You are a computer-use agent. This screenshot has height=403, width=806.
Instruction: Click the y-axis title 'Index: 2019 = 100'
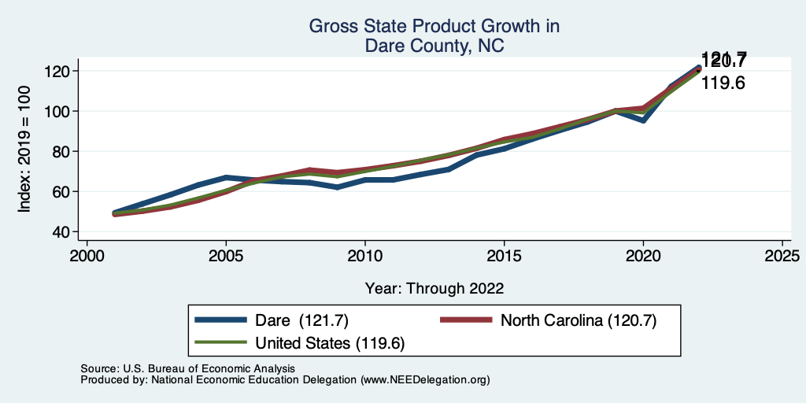pos(24,150)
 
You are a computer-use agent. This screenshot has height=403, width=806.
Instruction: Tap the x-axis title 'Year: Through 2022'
pos(434,287)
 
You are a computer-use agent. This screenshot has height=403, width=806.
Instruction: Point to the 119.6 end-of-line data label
pos(723,82)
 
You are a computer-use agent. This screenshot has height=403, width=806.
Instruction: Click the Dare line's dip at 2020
pos(643,120)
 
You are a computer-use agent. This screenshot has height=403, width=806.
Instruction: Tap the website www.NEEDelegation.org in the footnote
pos(424,379)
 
